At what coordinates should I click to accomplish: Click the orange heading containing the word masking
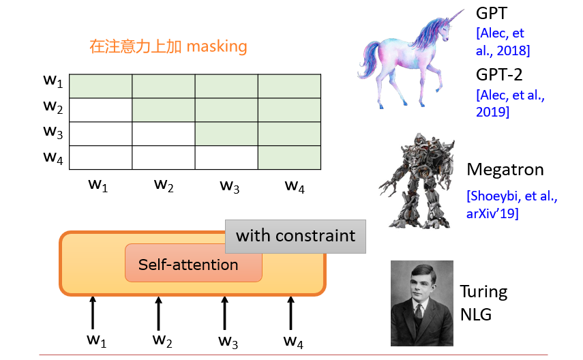[x=168, y=47]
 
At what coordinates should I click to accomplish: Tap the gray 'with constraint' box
[x=295, y=236]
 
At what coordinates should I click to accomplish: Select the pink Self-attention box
[x=189, y=265]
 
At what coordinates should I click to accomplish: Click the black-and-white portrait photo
[x=421, y=303]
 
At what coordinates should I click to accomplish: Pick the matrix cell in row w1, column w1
[x=100, y=86]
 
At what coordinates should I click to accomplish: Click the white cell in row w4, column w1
[x=100, y=157]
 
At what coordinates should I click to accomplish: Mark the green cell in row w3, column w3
[x=226, y=134]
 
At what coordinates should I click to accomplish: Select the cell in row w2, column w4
[x=289, y=110]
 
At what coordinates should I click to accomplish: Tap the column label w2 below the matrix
[x=163, y=184]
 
